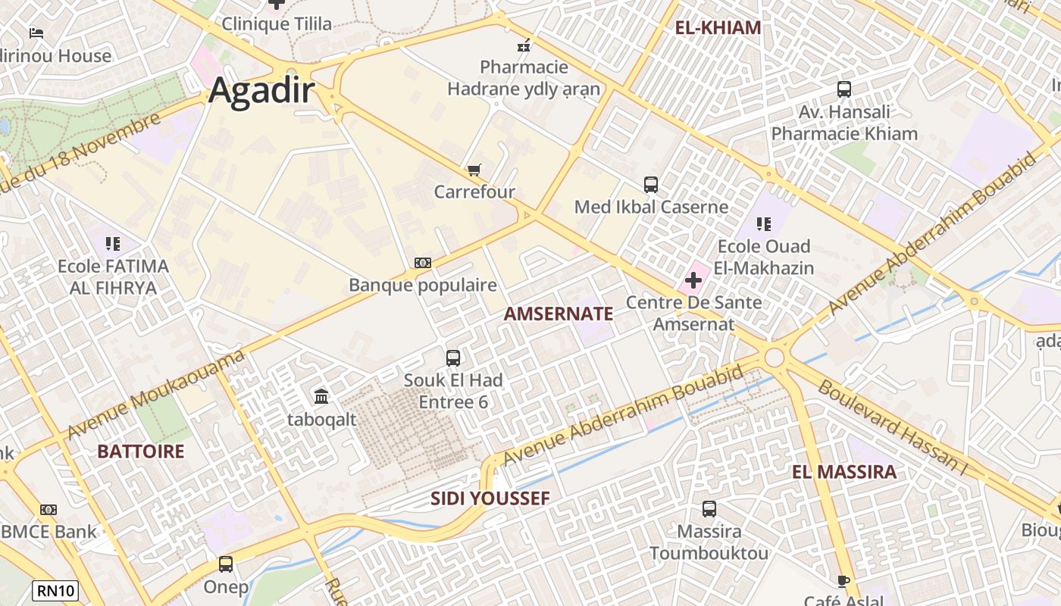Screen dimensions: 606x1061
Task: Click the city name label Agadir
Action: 261,90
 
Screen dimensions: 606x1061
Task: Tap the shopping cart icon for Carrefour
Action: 474,170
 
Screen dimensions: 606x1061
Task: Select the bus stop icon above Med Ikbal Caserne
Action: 651,184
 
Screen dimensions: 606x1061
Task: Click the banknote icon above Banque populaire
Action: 423,263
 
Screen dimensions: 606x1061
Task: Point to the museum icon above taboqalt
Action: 321,396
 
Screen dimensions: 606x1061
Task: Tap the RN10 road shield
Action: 55,590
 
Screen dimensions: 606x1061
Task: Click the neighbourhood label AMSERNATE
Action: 559,314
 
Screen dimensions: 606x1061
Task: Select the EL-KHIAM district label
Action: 718,28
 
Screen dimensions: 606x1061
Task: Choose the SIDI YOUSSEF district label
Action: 490,498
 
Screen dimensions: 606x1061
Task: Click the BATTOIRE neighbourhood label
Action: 141,451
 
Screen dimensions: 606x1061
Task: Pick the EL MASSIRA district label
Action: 844,472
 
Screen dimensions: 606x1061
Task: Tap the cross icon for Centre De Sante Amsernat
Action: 693,280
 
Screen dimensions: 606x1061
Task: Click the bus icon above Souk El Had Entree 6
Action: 453,358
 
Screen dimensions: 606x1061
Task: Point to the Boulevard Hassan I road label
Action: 893,427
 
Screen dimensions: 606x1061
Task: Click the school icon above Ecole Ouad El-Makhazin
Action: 764,224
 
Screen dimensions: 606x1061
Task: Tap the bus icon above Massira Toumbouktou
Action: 709,509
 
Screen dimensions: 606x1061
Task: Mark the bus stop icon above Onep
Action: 226,564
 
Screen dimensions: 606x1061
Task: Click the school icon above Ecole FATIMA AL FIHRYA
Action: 113,244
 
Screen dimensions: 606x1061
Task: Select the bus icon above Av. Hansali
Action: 844,89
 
